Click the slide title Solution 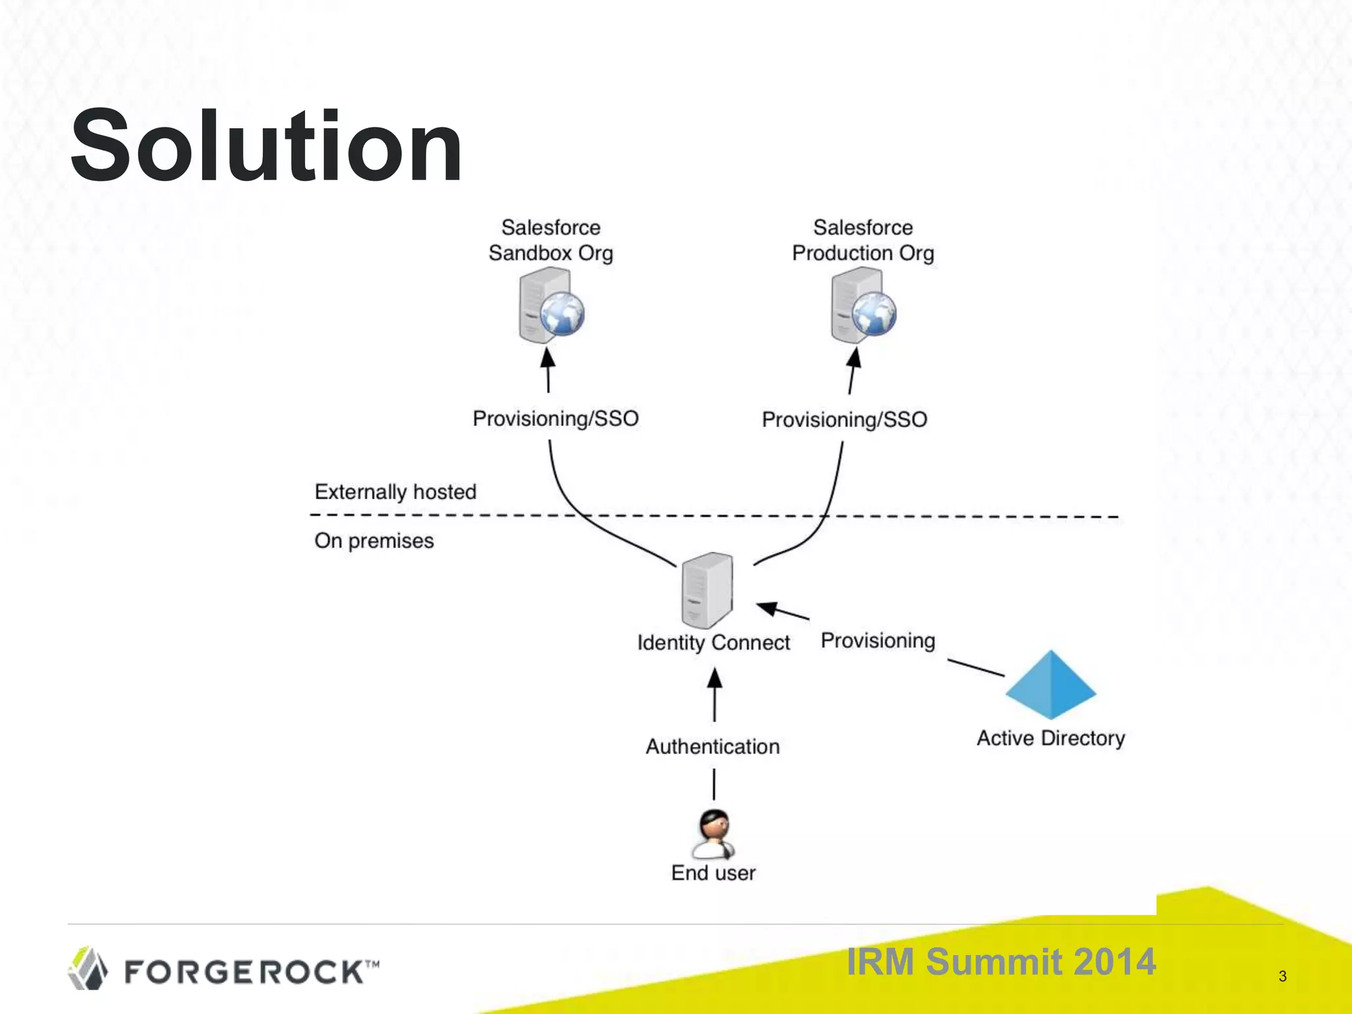pos(266,147)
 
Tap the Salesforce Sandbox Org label pos(551,240)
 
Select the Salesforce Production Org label pos(863,240)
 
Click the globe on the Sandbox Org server pos(562,314)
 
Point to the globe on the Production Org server pos(874,314)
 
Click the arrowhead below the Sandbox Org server pos(548,358)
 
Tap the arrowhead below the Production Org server pos(854,358)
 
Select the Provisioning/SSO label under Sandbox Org pos(555,419)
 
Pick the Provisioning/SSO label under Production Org pos(844,420)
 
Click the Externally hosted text pos(395,492)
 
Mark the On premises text pos(374,541)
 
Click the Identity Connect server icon pos(707,590)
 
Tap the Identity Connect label pos(713,642)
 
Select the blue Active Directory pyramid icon pos(1050,685)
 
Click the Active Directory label pos(1050,738)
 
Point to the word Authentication pos(712,747)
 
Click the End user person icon pos(714,833)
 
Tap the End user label pos(713,873)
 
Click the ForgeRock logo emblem pos(88,968)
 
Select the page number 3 pos(1282,976)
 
